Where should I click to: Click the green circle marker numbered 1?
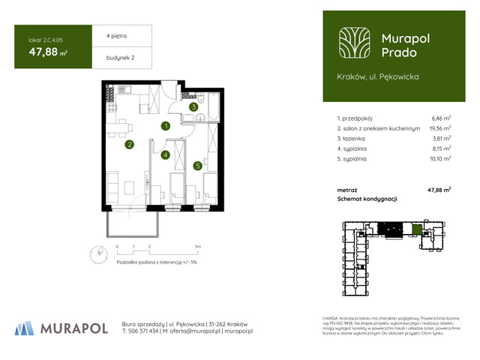pos(166,126)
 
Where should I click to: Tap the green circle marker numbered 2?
pos(129,145)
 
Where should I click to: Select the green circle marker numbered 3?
pos(193,107)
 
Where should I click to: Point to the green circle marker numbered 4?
pos(166,155)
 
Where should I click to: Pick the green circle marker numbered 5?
pos(197,166)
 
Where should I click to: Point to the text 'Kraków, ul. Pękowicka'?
pos(378,76)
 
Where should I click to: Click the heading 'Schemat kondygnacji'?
pos(367,199)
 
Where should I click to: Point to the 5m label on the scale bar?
pos(196,246)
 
